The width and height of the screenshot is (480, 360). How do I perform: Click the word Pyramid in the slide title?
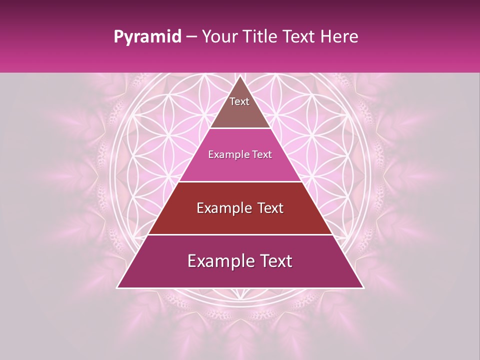point(147,37)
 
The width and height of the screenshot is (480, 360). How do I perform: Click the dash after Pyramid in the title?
point(191,37)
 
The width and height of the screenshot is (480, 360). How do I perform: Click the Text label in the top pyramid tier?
point(239,101)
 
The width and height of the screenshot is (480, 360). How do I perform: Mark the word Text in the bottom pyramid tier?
point(275,261)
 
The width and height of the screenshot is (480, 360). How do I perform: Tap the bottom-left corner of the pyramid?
point(117,288)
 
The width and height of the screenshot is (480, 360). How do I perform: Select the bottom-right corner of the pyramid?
point(363,288)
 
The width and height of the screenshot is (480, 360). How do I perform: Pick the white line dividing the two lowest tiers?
point(240,235)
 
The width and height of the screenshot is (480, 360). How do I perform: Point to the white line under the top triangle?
point(240,128)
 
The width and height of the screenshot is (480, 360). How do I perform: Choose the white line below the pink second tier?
point(240,181)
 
